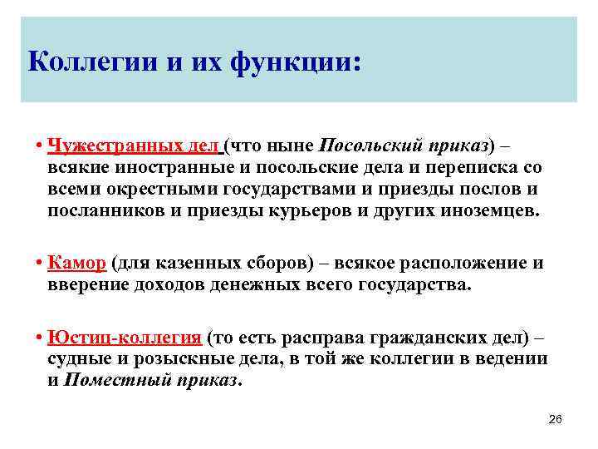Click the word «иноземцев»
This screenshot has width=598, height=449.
coord(488,211)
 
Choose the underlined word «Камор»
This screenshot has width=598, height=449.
coord(76,264)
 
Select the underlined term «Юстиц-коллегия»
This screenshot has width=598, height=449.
coord(125,338)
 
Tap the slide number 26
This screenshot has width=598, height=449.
coord(556,419)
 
